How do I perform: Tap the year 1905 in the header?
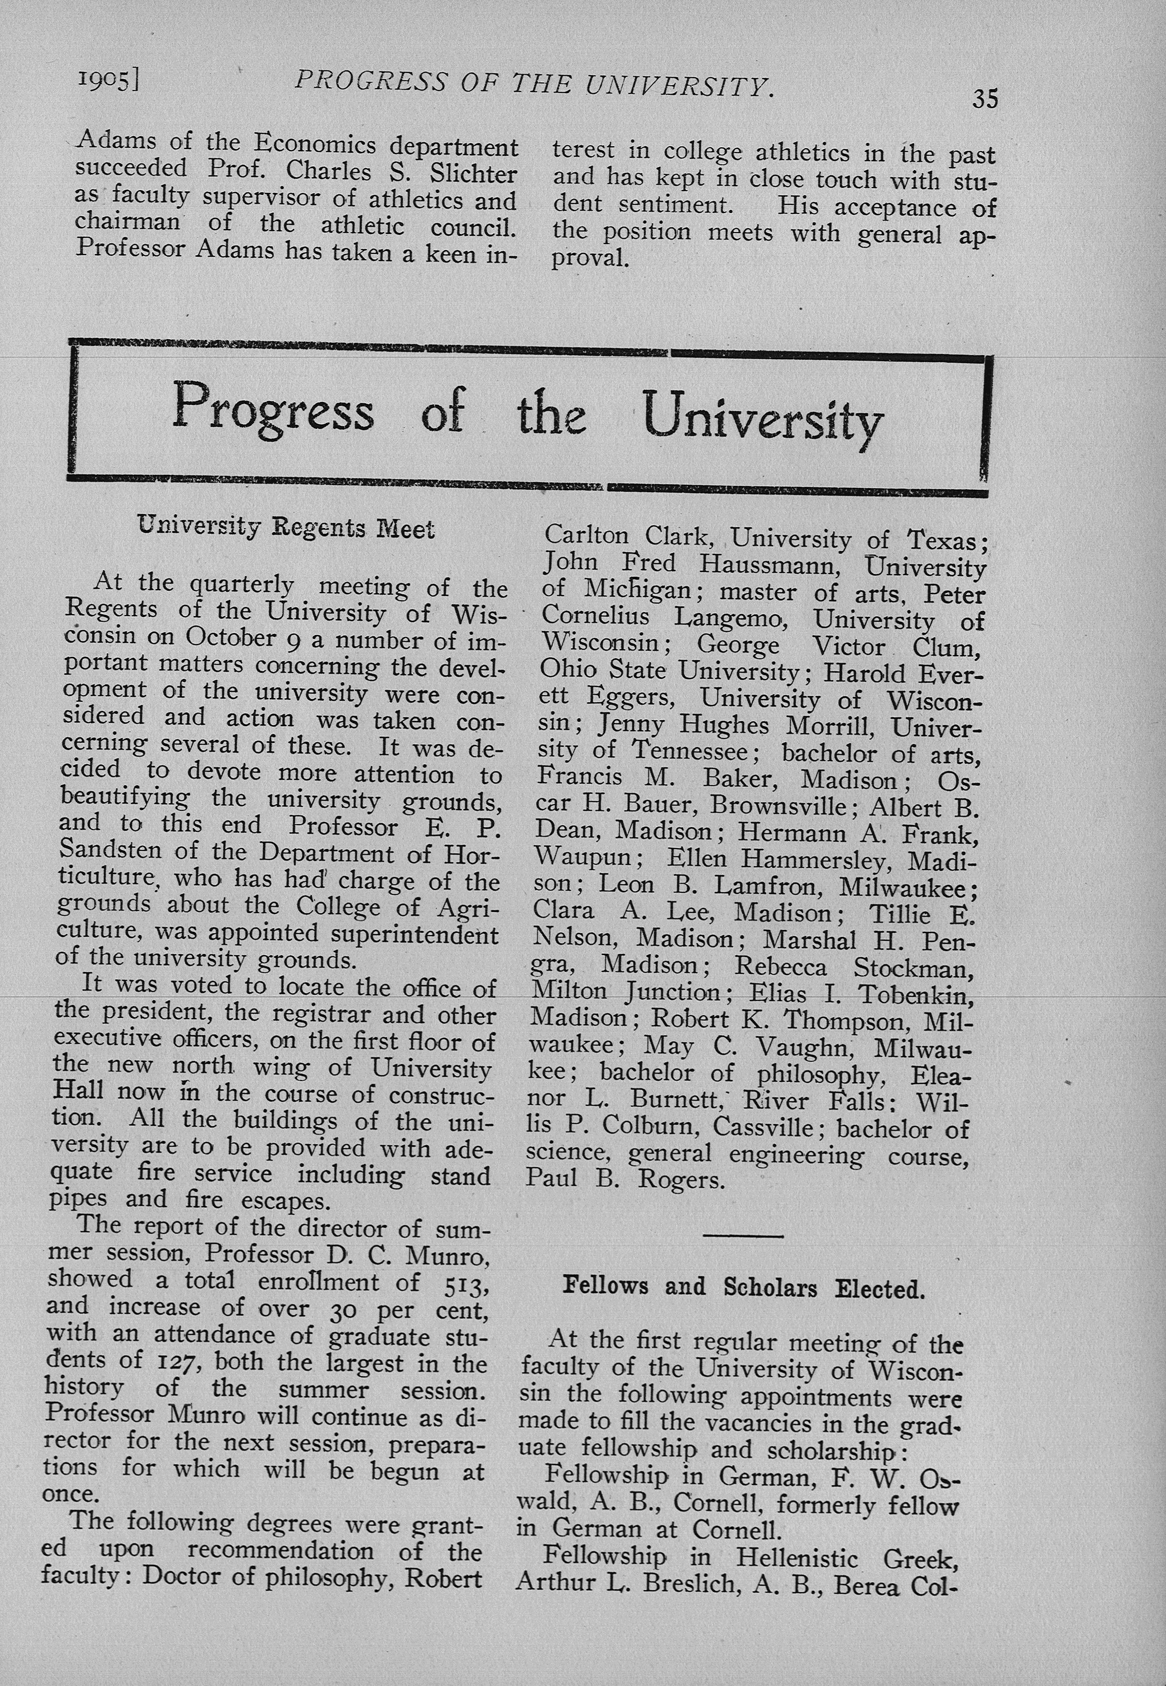(108, 80)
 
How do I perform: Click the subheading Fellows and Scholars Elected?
(744, 1287)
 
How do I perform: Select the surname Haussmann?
(760, 564)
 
